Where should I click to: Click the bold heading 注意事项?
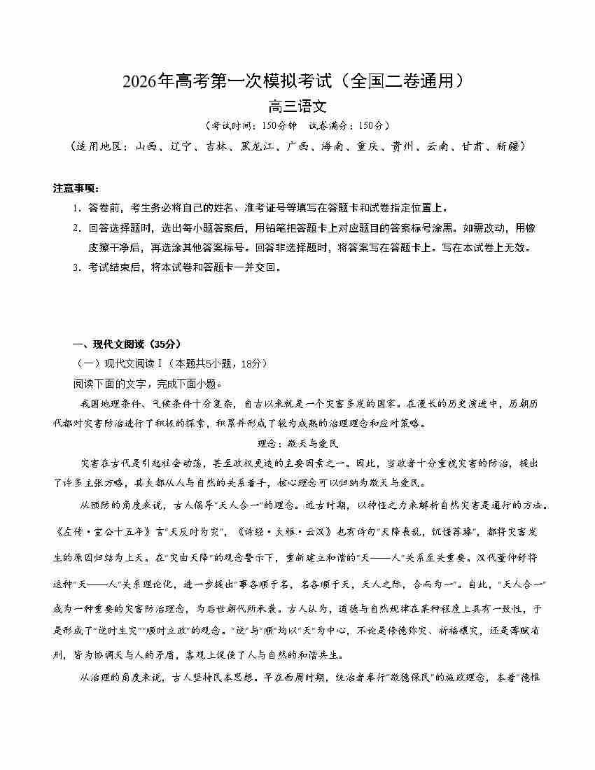click(76, 188)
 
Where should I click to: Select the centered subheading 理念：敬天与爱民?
click(297, 443)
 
